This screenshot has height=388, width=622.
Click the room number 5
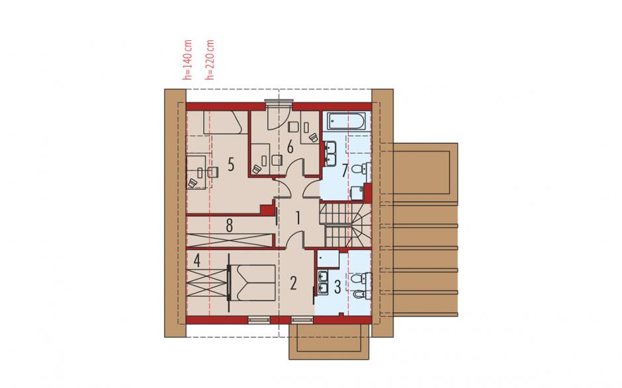(231, 164)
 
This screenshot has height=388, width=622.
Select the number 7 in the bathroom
(345, 171)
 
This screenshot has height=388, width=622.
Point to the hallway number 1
(298, 218)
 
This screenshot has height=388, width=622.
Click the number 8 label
(229, 226)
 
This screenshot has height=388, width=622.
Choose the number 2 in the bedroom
(293, 283)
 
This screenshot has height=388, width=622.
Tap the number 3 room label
(337, 287)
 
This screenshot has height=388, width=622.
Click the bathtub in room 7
(345, 121)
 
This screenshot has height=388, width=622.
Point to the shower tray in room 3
(328, 259)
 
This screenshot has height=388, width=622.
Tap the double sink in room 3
(323, 283)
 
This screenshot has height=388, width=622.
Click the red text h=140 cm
(188, 59)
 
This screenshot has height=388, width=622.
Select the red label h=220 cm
(210, 59)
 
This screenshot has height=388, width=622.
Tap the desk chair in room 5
(212, 172)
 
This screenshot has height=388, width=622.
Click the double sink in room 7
(330, 153)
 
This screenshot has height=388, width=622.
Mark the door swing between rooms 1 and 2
(295, 239)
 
